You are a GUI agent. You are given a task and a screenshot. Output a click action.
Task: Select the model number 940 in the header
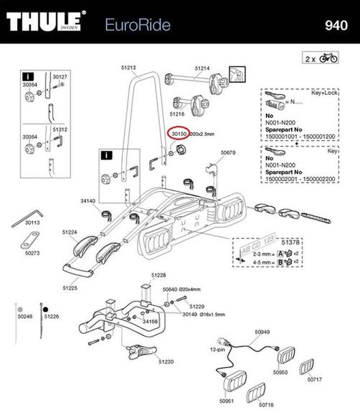tap(337, 25)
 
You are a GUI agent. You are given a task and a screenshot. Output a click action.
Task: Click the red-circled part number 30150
tap(178, 133)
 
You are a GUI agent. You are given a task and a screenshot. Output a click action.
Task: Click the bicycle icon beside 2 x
tap(328, 57)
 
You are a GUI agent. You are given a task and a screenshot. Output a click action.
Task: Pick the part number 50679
tap(229, 153)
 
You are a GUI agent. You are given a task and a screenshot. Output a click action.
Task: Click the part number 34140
tap(87, 201)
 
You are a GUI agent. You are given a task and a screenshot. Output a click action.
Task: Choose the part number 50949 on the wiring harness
tap(261, 333)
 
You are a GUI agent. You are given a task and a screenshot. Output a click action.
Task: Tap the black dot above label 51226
tap(47, 310)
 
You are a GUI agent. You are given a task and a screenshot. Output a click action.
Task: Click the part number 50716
tap(266, 404)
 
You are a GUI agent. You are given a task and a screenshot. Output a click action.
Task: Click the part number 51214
tap(202, 68)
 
